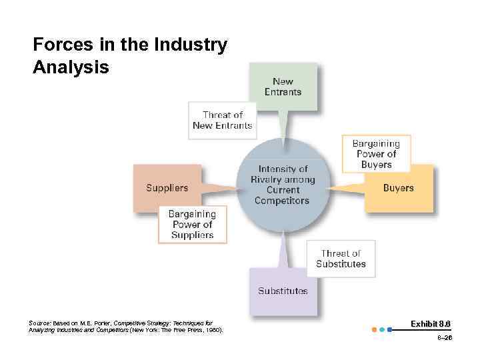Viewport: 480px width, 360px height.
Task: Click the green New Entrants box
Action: point(283,87)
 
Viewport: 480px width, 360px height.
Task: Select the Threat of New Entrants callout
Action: point(222,120)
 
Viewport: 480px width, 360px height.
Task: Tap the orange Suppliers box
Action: point(167,188)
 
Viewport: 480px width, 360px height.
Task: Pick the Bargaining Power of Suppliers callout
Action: point(192,225)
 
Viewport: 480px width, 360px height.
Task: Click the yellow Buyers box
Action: point(399,188)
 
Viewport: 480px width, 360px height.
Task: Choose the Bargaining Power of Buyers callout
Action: point(376,154)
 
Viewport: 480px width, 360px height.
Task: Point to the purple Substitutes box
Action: point(283,291)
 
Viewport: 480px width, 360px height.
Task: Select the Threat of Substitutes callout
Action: point(341,259)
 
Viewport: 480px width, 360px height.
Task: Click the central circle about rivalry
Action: point(283,185)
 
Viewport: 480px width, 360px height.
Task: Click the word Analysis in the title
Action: point(71,67)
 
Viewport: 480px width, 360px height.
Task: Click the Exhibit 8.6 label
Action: point(431,323)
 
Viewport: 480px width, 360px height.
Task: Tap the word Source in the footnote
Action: point(39,323)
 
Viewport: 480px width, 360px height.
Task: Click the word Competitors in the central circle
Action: point(282,201)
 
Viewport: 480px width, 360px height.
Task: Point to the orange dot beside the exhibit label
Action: point(374,329)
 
